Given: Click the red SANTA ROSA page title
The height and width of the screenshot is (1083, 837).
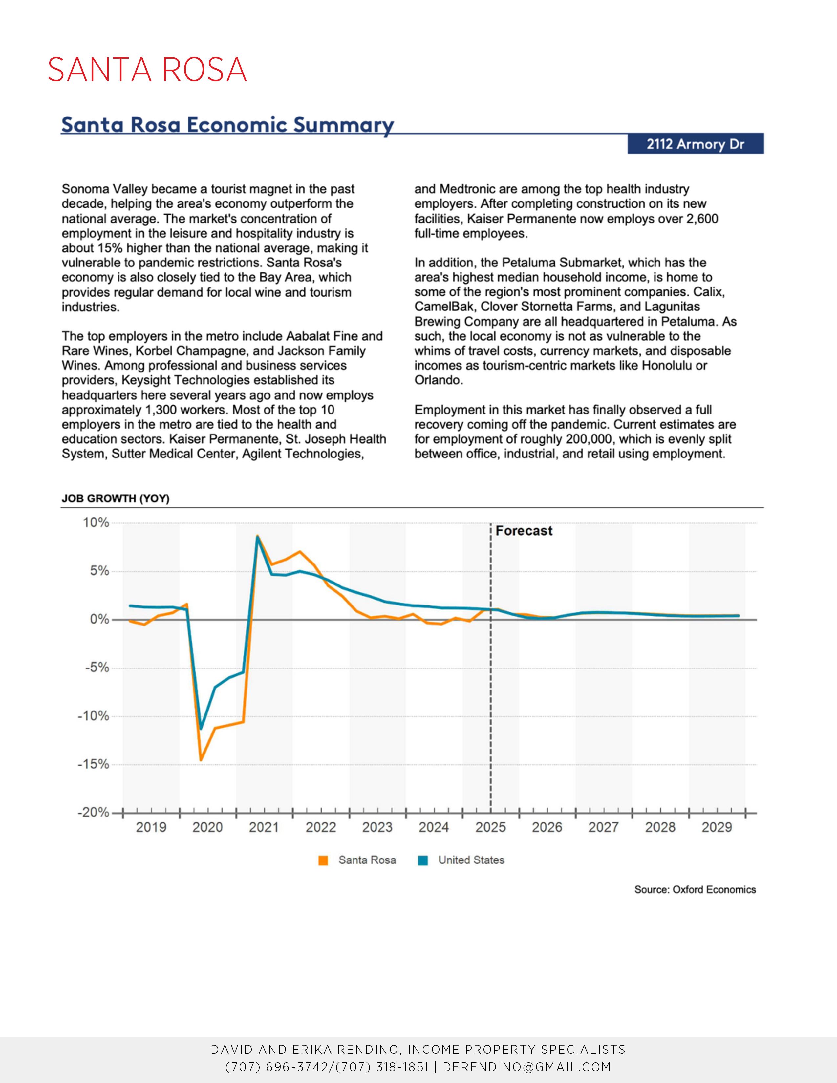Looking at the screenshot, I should [x=147, y=70].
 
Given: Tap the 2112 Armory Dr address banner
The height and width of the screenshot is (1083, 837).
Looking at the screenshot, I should [x=695, y=144].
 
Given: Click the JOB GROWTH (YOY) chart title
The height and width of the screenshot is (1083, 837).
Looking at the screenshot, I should [x=116, y=499].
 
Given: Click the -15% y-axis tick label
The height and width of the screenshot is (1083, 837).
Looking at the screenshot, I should [x=93, y=764].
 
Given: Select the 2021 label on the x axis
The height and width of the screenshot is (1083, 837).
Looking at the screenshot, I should [x=264, y=827].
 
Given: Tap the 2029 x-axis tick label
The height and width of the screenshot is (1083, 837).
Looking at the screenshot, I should [x=717, y=827].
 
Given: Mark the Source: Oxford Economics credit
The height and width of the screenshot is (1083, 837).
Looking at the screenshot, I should [x=695, y=890].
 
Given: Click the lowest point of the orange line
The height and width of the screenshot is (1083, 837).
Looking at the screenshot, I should [x=201, y=760].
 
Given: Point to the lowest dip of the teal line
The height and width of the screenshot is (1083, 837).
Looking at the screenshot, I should [x=201, y=729].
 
